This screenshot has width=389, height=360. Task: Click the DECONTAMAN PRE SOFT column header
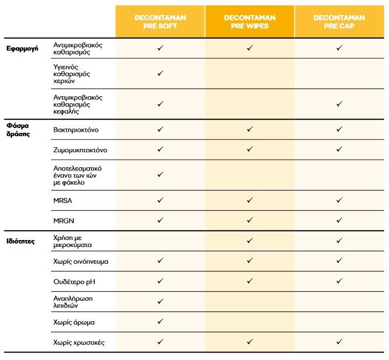coord(160,22)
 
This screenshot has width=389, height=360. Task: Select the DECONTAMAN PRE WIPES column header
coord(250,22)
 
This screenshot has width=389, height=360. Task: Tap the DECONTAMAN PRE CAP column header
coord(339,22)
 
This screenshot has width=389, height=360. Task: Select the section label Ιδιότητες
coord(21,241)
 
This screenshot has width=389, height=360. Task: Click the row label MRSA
coord(62,200)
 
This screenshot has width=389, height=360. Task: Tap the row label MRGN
coord(63,220)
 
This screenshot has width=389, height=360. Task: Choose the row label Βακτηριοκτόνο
coord(76,130)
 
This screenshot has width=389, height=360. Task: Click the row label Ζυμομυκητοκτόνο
coord(81,150)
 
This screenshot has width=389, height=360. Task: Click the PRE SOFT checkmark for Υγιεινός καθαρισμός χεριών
coord(160,73)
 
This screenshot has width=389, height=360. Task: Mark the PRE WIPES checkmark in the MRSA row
coord(250,200)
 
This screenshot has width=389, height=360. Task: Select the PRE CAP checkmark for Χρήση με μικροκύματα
coord(339,241)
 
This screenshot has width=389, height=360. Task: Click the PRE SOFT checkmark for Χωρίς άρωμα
coord(160,322)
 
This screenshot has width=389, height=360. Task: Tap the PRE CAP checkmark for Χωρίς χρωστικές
coord(339,342)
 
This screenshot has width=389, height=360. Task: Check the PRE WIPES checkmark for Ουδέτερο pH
coord(250,281)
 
